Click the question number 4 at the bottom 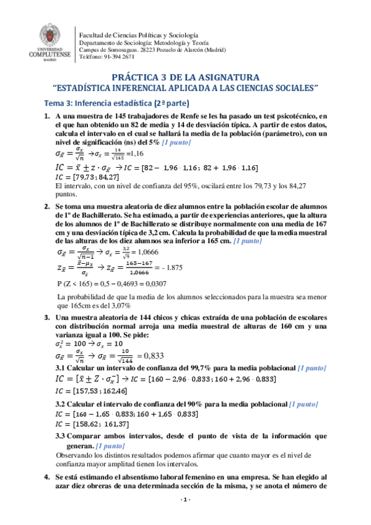(x=46, y=479)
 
